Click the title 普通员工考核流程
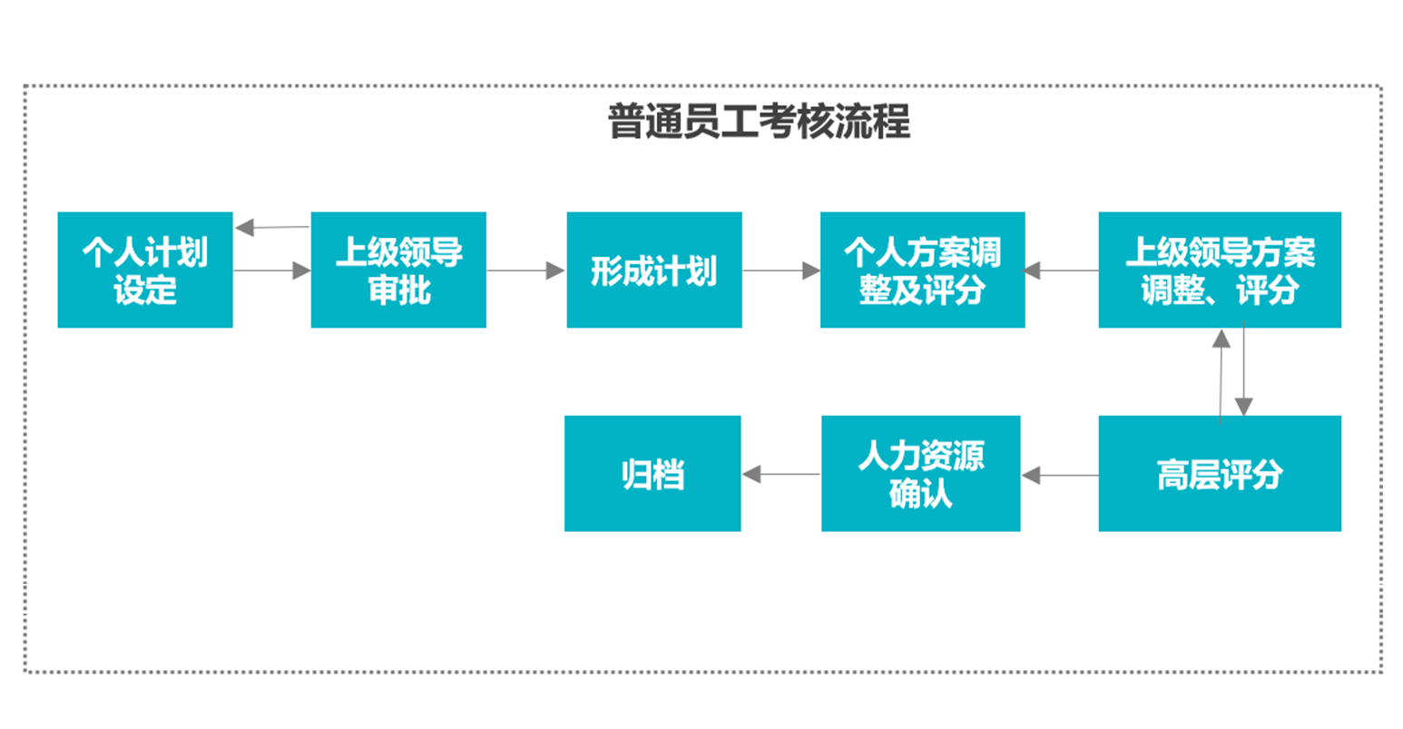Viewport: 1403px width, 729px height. (x=759, y=121)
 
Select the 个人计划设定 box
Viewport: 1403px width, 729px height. (x=145, y=270)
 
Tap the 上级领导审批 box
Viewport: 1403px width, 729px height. (x=398, y=270)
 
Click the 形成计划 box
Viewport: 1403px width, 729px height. (x=654, y=270)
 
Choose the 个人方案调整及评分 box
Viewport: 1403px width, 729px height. (x=923, y=270)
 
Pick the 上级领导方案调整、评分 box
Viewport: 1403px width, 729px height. (x=1220, y=270)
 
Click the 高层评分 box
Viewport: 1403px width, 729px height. (x=1220, y=473)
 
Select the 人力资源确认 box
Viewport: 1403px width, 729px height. (x=921, y=473)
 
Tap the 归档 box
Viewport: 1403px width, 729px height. (x=652, y=473)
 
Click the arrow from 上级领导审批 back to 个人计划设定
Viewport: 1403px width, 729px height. (x=272, y=227)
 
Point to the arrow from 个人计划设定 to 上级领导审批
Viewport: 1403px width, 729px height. (x=272, y=271)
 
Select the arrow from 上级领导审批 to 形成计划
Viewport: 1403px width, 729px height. (x=526, y=271)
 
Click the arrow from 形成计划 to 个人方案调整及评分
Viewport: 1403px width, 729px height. (x=781, y=271)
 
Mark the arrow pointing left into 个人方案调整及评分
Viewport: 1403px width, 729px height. (x=1060, y=271)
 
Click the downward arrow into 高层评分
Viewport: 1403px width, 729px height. (x=1243, y=369)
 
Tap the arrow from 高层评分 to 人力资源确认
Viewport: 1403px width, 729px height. (x=1060, y=475)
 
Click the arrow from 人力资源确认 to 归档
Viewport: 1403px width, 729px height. (x=781, y=474)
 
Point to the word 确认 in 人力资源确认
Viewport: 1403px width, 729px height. (x=921, y=493)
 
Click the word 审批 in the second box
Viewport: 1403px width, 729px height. (x=399, y=291)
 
